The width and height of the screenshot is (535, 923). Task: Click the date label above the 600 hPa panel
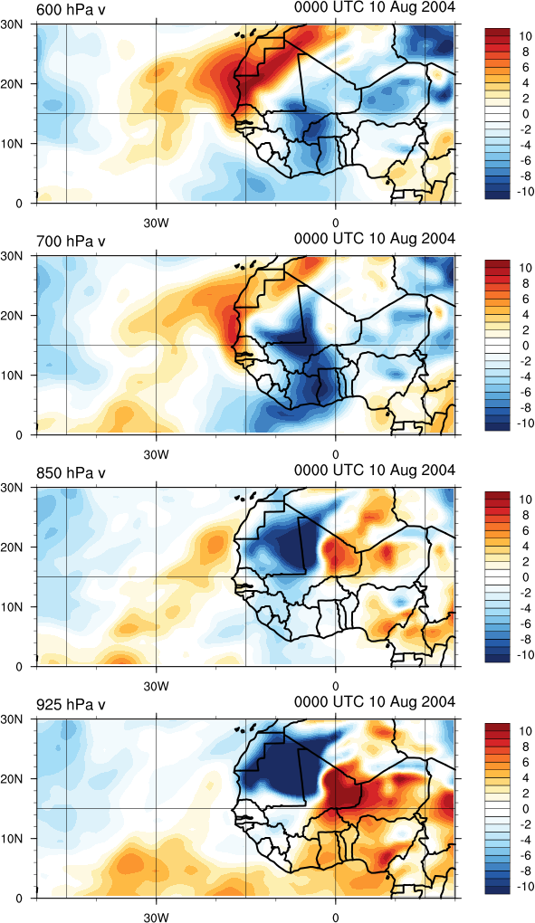pyautogui.click(x=375, y=7)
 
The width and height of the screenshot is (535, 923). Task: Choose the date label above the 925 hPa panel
pyautogui.click(x=375, y=701)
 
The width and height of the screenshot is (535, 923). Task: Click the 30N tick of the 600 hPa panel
pyautogui.click(x=12, y=24)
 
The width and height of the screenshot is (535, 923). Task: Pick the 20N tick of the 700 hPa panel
pyautogui.click(x=12, y=316)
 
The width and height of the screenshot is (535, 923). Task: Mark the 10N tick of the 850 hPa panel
pyautogui.click(x=12, y=607)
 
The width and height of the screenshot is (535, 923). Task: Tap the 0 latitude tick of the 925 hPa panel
pyautogui.click(x=19, y=899)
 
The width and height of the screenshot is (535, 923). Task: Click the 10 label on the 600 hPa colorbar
pyautogui.click(x=524, y=36)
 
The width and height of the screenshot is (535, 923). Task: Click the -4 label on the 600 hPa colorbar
pyautogui.click(x=524, y=145)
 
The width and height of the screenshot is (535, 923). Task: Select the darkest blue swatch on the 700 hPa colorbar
pyautogui.click(x=497, y=426)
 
